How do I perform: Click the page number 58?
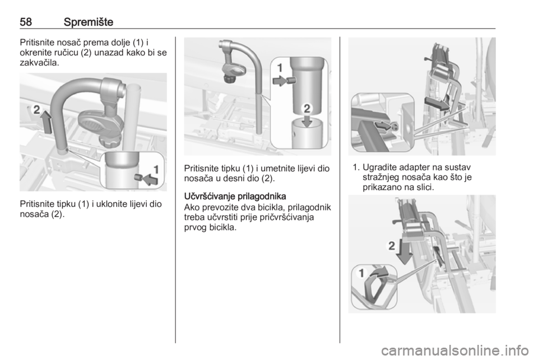point(26,22)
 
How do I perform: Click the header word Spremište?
point(88,22)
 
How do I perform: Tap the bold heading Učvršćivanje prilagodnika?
point(235,197)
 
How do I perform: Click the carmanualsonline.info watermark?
point(454,350)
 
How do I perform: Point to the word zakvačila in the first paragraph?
point(39,63)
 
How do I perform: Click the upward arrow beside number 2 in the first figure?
point(46,122)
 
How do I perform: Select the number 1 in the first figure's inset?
point(156,169)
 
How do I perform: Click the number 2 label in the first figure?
point(36,110)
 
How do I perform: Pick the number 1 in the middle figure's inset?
point(280,68)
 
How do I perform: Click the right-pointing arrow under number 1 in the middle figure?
point(279,81)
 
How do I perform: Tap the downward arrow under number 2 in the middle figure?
point(307,121)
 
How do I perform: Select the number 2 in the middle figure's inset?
point(307,108)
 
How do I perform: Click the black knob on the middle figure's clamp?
point(229,79)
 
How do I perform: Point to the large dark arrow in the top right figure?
point(437,103)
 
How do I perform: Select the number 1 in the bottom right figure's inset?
point(361,273)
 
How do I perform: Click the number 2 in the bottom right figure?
point(392,246)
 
